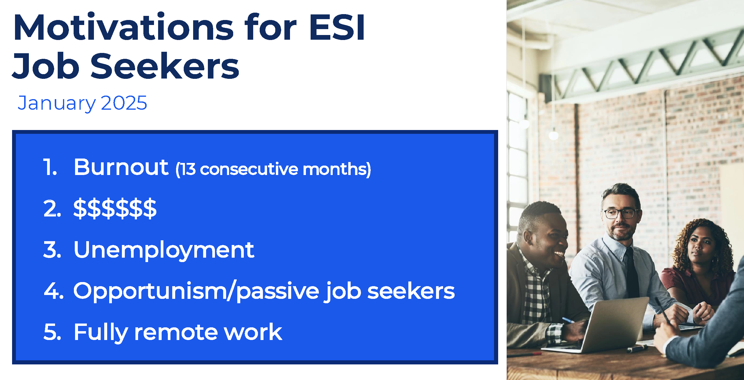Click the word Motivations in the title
[x=124, y=27]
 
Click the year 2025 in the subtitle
[x=124, y=103]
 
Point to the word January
[x=57, y=104]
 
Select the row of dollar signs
[x=115, y=209]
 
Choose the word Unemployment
[x=164, y=250]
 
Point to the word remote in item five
[x=176, y=332]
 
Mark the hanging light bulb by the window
[x=554, y=135]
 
